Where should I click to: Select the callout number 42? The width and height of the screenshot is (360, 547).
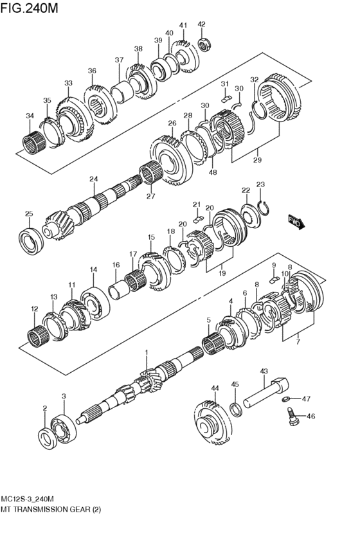pos(202,24)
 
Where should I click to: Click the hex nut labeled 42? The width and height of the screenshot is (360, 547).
pos(204,44)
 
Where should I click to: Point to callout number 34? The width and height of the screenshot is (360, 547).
pos(30,116)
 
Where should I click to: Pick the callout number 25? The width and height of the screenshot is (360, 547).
pos(29,214)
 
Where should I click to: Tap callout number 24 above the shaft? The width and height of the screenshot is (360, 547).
pos(94,179)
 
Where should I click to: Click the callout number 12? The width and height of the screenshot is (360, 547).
pos(33,309)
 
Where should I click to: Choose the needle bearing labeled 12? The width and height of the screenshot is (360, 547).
pos(37,335)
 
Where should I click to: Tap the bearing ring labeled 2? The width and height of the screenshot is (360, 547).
pos(46,436)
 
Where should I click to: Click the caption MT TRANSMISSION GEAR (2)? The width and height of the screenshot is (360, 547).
pos(51,508)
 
